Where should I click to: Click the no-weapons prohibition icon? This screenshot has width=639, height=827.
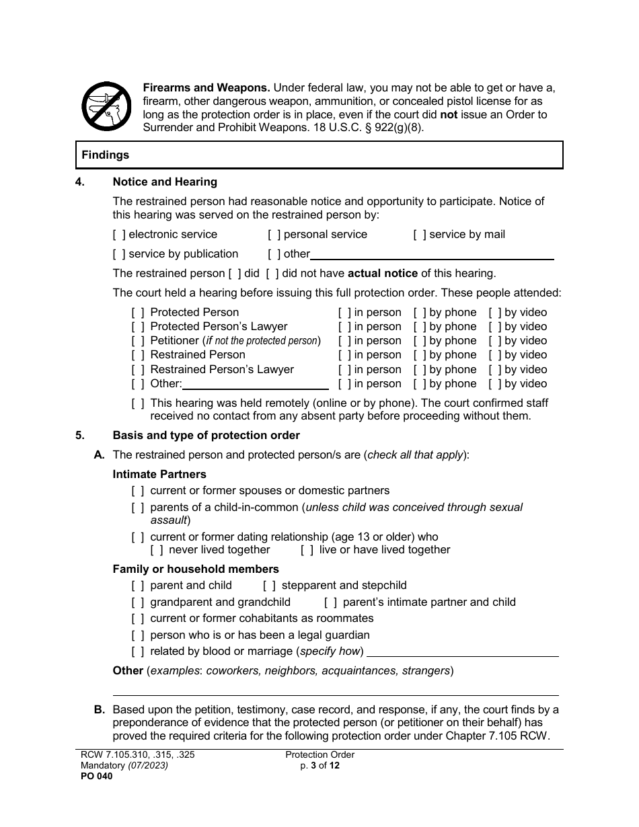click(x=106, y=106)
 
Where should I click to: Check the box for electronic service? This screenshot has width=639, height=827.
click(x=119, y=235)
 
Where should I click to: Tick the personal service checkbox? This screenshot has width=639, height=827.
click(x=274, y=235)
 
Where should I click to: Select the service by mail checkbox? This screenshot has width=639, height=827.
click(x=419, y=235)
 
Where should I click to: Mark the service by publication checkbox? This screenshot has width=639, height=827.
click(x=119, y=254)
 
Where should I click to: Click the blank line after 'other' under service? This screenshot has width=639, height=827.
click(x=432, y=255)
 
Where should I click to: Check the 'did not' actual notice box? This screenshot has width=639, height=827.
click(x=272, y=274)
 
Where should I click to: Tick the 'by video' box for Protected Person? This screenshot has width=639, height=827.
click(x=495, y=313)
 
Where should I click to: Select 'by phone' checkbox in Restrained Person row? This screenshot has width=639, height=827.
click(x=419, y=355)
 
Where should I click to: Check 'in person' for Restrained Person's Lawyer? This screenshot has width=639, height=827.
click(x=344, y=370)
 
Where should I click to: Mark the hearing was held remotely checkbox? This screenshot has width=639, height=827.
click(x=137, y=403)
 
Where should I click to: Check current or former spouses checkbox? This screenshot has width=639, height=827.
click(x=137, y=491)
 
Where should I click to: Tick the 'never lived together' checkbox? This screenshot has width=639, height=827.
click(x=156, y=550)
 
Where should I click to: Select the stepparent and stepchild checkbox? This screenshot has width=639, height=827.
click(x=269, y=586)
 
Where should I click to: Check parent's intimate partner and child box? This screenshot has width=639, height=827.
click(x=330, y=602)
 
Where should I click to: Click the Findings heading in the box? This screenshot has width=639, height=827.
click(x=106, y=155)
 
